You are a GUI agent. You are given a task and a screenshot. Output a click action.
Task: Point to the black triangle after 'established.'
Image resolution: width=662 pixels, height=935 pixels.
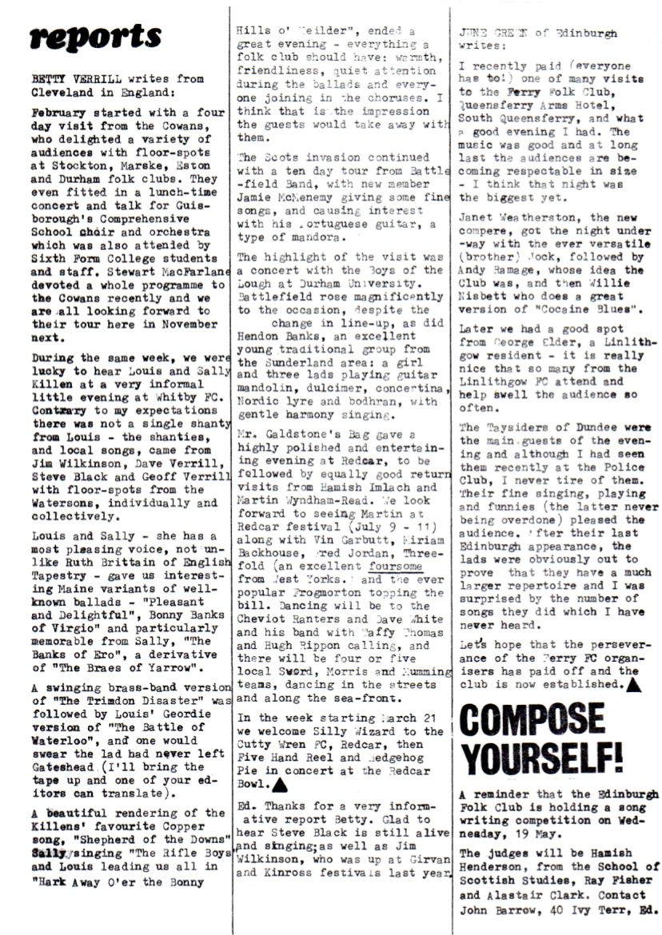click(x=632, y=683)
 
